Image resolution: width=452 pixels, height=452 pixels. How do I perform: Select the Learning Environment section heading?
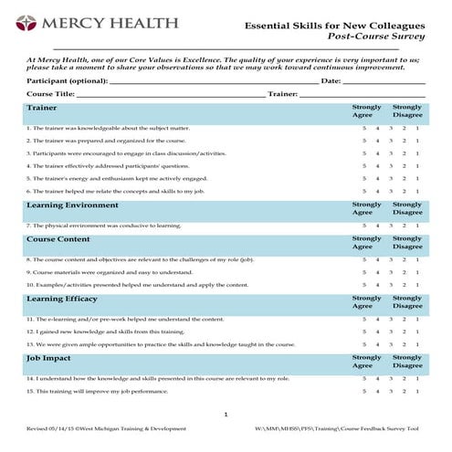72,205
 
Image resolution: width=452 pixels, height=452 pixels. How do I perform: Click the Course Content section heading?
58,239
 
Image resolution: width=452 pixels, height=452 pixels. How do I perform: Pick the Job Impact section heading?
50,358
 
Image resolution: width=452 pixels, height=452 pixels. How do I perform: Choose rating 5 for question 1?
364,129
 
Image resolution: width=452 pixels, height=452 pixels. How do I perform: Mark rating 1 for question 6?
417,192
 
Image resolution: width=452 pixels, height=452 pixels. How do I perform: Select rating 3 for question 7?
391,226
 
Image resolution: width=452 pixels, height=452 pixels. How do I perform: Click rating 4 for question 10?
378,285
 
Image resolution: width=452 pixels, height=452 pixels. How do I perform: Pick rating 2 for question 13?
405,345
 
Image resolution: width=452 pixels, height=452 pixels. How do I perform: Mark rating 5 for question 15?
364,392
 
